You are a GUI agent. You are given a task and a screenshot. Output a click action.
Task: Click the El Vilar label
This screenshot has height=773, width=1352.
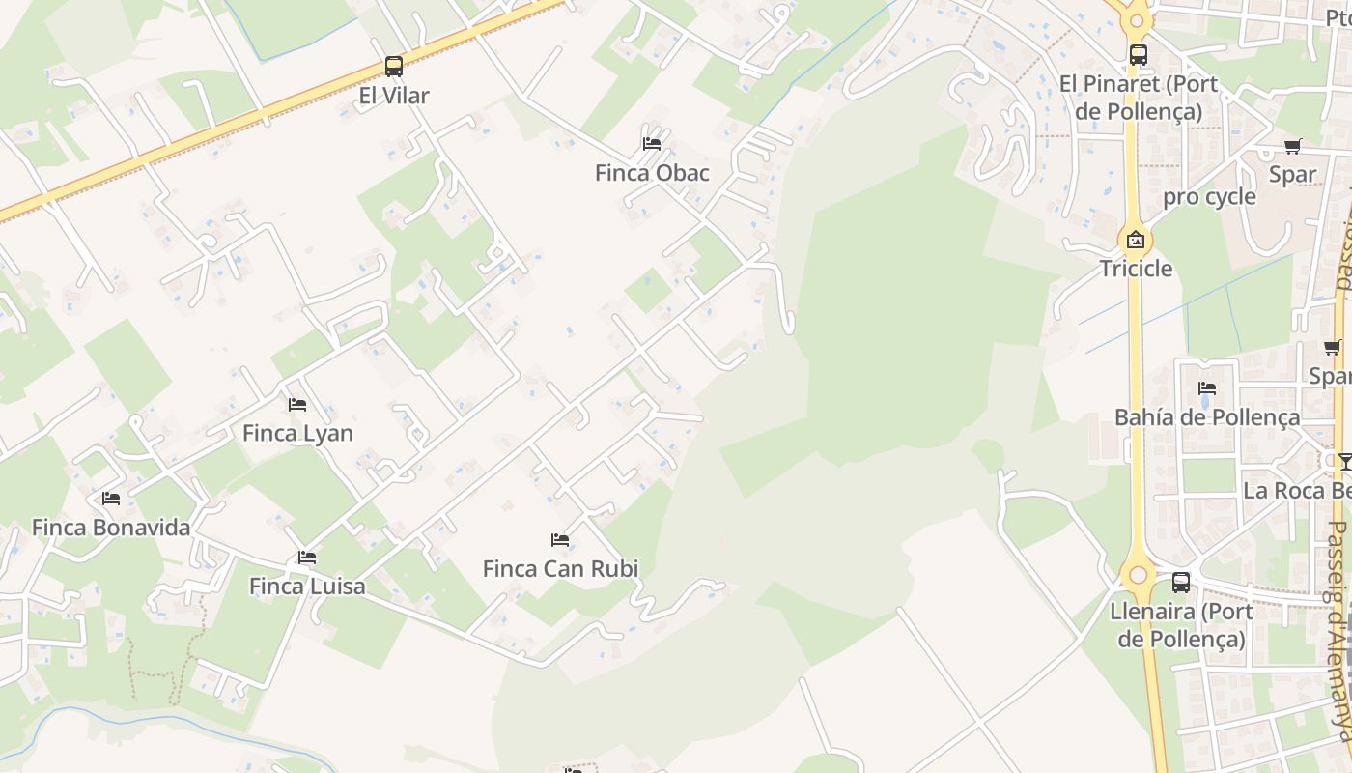394,96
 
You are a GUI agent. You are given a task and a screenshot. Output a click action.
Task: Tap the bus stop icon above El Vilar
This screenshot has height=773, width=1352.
394,67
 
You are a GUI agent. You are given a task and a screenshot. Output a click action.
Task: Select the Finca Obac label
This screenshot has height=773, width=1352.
652,173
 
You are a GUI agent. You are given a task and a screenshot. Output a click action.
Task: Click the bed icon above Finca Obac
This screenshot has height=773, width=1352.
652,144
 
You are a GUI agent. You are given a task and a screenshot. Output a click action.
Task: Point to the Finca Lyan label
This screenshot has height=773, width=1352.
297,433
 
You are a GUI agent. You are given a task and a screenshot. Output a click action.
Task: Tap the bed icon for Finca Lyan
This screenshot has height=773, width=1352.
297,404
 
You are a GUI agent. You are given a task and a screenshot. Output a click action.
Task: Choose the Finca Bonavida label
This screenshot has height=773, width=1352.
111,528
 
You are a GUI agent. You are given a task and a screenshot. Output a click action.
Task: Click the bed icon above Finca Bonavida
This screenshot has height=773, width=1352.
111,499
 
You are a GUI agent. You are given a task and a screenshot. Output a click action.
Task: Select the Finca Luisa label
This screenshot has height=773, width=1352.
307,587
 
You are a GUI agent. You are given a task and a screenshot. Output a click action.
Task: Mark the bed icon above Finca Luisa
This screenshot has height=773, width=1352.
307,558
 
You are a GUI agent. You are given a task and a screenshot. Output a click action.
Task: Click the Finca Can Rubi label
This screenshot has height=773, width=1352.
560,569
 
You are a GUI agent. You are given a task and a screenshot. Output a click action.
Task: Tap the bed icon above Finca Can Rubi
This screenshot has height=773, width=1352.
560,540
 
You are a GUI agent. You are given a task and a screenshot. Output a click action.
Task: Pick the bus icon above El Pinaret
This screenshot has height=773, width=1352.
1139,55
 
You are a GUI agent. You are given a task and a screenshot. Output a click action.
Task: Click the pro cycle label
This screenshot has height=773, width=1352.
1209,197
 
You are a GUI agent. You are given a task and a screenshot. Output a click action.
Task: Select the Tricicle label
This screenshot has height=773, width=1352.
1136,269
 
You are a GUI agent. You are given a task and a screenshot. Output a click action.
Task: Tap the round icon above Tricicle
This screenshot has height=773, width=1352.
1136,240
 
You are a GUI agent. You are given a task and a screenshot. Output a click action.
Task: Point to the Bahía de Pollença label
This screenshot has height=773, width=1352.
1207,417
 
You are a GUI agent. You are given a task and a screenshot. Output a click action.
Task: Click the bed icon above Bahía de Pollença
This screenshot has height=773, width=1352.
1207,388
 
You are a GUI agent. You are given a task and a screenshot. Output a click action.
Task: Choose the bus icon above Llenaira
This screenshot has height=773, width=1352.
1181,583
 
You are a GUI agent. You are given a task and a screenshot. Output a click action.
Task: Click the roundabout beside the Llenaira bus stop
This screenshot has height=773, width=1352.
1139,575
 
